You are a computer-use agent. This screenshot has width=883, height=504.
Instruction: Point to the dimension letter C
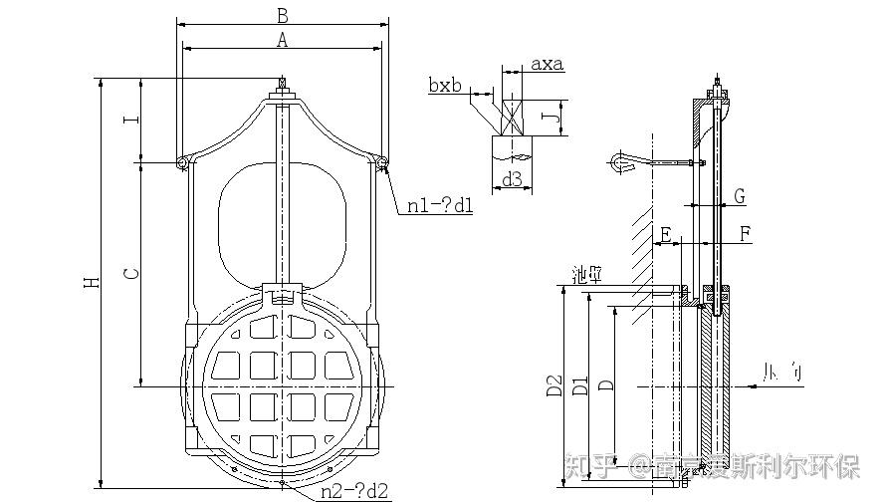(x=130, y=272)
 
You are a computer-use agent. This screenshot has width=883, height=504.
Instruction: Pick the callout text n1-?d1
(x=440, y=207)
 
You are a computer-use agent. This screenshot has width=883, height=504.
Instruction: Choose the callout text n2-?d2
(x=354, y=492)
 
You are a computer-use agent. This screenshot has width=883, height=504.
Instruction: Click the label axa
(x=547, y=65)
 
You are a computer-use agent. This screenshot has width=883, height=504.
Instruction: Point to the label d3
(x=512, y=179)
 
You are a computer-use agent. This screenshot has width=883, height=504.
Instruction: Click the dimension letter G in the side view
(x=739, y=197)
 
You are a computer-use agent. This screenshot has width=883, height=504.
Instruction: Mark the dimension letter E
(x=665, y=234)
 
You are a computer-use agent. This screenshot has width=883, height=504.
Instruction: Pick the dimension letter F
(x=746, y=234)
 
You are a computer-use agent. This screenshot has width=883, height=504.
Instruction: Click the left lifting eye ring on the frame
(x=182, y=162)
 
